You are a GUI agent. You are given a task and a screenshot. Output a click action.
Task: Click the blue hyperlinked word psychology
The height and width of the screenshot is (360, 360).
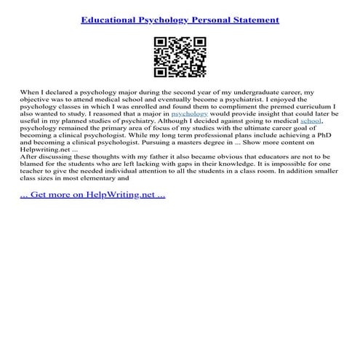pyautogui.click(x=189, y=114)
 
